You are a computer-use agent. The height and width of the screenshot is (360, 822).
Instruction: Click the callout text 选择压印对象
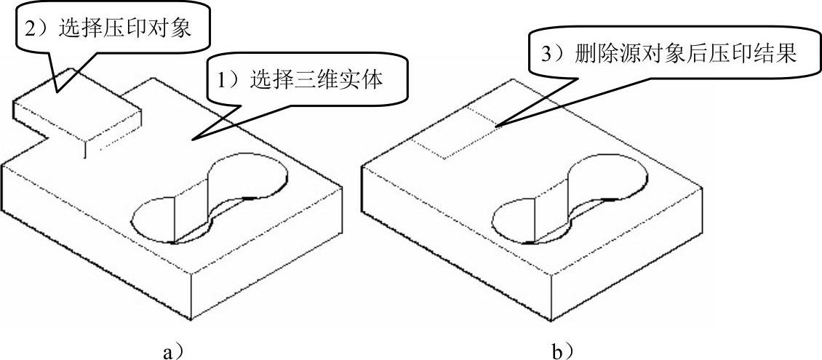(130, 28)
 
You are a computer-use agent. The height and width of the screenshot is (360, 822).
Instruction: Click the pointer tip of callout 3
(496, 127)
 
